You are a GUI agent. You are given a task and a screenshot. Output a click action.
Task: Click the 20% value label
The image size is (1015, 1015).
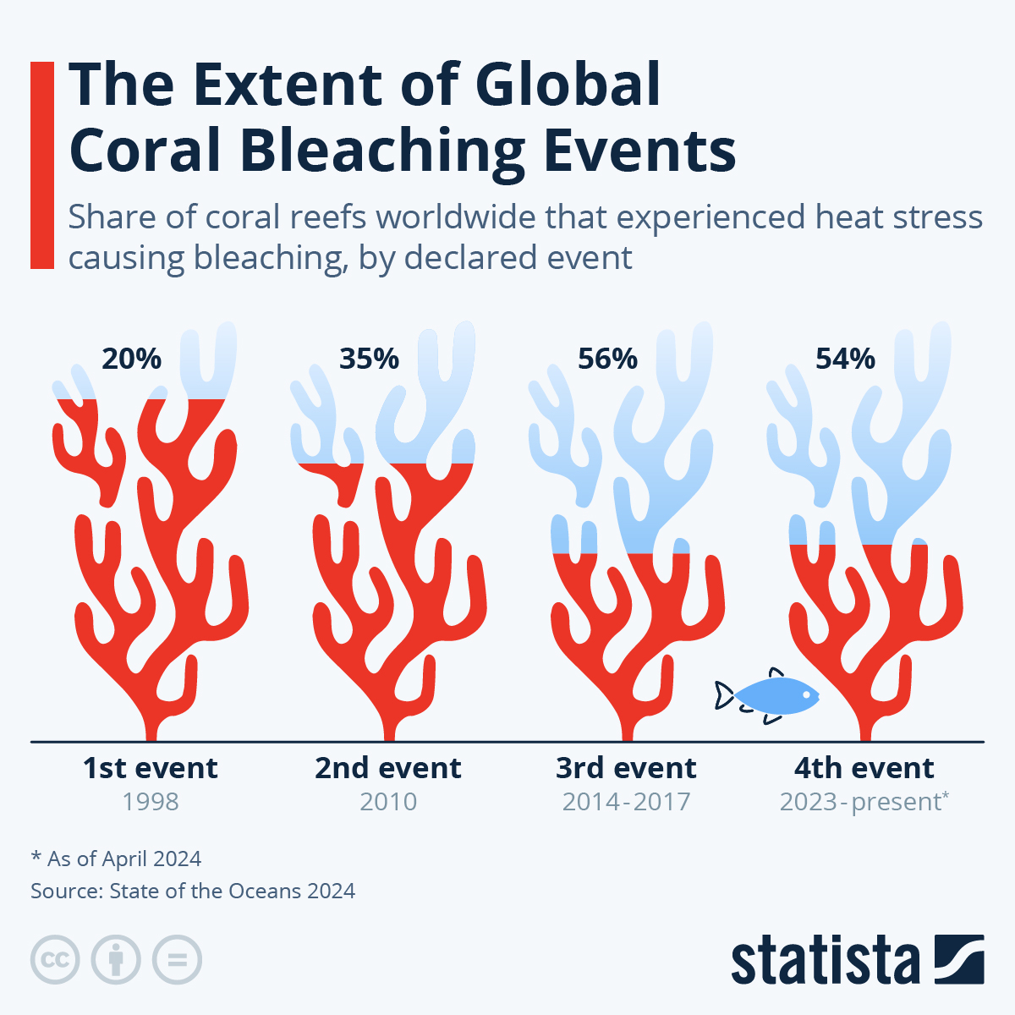click(x=131, y=359)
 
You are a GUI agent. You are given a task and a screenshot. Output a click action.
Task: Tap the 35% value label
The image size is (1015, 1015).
click(x=369, y=359)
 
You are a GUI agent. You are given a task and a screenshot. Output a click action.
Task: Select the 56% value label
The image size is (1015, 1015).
click(x=607, y=359)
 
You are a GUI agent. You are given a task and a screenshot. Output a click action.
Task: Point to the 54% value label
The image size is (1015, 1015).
click(x=845, y=359)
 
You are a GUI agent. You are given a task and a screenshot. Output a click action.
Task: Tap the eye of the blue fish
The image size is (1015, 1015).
click(x=806, y=695)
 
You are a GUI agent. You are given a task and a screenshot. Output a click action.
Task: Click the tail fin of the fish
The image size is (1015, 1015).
click(x=724, y=695)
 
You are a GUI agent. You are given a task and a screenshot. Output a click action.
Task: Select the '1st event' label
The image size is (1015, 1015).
click(x=150, y=768)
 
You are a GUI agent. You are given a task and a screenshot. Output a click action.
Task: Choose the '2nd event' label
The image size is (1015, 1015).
click(x=388, y=768)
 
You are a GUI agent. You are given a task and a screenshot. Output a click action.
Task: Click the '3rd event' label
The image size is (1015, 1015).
click(x=626, y=768)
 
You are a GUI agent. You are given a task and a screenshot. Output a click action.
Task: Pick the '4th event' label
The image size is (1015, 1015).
click(x=864, y=768)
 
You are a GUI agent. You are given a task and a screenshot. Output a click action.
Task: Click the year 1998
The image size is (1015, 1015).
click(x=150, y=802)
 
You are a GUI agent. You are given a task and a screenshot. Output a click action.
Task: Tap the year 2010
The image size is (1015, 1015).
click(x=388, y=802)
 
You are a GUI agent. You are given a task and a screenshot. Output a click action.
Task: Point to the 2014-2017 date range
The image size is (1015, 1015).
click(x=626, y=802)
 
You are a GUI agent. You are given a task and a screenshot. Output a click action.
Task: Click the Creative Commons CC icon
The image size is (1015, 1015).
click(x=55, y=960)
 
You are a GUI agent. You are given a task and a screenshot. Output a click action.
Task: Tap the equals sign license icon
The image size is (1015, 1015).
click(x=177, y=960)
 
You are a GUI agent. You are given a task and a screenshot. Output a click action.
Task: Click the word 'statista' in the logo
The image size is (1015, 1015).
click(x=825, y=961)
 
